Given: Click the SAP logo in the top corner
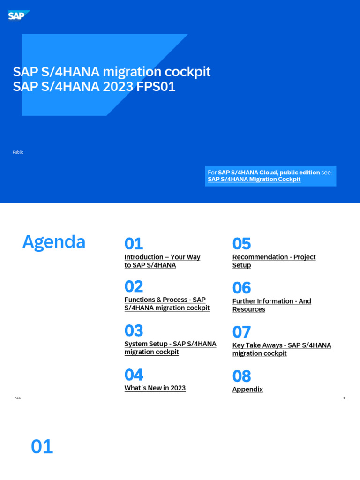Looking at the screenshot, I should click(18, 16).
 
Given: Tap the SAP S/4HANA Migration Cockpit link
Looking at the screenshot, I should click(254, 180).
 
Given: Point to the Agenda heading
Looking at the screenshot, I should click(54, 242).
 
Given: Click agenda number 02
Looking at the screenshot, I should click(134, 286).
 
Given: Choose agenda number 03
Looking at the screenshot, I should click(134, 330).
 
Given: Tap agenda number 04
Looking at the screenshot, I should click(134, 375).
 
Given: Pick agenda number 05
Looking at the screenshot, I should click(241, 244).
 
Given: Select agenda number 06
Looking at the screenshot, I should click(241, 288).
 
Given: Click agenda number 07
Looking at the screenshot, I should click(241, 332).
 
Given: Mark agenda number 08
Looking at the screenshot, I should click(241, 376).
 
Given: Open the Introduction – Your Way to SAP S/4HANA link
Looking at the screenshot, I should click(162, 261).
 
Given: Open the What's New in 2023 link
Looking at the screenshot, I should click(155, 388).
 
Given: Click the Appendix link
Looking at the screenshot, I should click(247, 390).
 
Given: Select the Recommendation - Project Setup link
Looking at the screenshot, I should click(274, 261).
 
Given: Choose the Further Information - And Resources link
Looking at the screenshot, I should click(271, 305).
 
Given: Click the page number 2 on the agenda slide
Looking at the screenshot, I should click(344, 398).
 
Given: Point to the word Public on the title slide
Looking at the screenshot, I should click(18, 152).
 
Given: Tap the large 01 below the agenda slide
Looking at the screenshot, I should click(42, 447).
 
